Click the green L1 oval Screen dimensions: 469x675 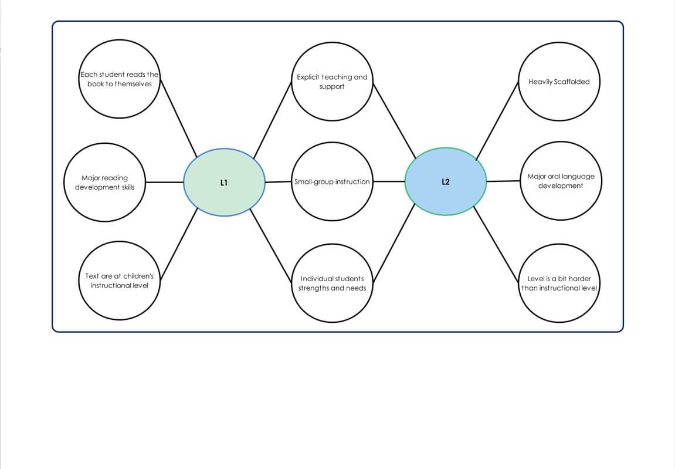pyautogui.click(x=224, y=182)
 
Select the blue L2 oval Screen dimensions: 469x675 pyautogui.click(x=445, y=181)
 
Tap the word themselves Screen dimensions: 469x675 pyautogui.click(x=133, y=84)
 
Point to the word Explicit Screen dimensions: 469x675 pyautogui.click(x=308, y=77)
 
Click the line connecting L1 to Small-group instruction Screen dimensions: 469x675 pyautogui.click(x=279, y=182)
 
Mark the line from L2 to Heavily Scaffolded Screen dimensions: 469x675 pyautogui.click(x=497, y=120)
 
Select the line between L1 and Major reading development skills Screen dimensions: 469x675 pyautogui.click(x=164, y=182)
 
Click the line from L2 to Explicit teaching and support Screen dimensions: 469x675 pyautogui.click(x=395, y=120)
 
